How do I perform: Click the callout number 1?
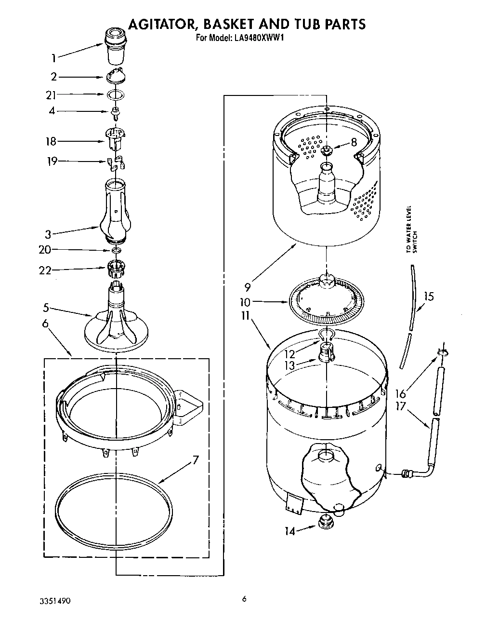click(54, 59)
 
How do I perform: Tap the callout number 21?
click(51, 95)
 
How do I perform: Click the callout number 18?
click(51, 142)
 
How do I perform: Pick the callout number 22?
click(45, 270)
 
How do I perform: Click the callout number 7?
click(195, 460)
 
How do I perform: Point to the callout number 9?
click(247, 288)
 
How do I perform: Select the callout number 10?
click(246, 302)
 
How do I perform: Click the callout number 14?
click(289, 531)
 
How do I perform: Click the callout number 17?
click(400, 406)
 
